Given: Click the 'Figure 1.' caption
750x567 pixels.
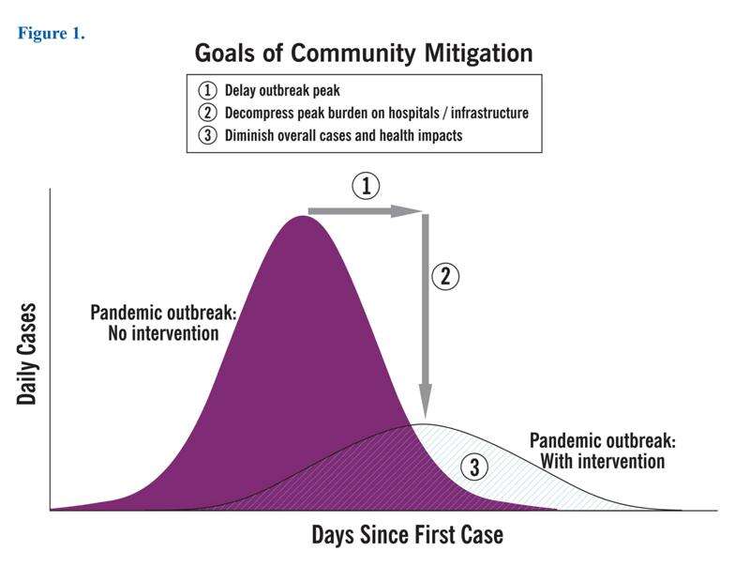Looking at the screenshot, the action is click(x=52, y=34).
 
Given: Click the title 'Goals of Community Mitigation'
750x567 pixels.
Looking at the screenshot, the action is click(x=364, y=53).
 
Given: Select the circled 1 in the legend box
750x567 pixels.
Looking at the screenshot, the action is click(x=207, y=90).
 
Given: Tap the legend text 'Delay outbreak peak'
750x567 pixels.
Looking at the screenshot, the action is click(x=282, y=90).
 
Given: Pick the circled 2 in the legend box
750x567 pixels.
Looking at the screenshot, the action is click(x=207, y=113).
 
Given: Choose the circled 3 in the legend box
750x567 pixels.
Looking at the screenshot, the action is click(x=207, y=135).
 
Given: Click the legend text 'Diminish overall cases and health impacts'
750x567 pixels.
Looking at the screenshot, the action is click(x=343, y=135).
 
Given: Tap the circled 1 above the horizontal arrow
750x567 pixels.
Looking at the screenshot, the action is click(x=367, y=186).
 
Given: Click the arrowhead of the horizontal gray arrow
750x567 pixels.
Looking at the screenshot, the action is click(x=407, y=211).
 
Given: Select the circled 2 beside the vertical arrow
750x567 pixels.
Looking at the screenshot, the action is click(x=445, y=277).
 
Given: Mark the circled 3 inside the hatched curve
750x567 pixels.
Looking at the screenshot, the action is click(x=474, y=467).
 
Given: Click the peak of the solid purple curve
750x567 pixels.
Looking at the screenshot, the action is click(x=302, y=216).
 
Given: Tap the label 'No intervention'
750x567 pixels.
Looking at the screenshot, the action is click(x=163, y=333).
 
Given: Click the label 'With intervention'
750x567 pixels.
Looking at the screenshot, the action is click(x=603, y=462).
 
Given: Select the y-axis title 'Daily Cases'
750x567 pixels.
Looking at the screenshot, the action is click(x=26, y=354).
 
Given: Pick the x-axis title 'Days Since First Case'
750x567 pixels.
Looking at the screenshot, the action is click(x=408, y=534).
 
